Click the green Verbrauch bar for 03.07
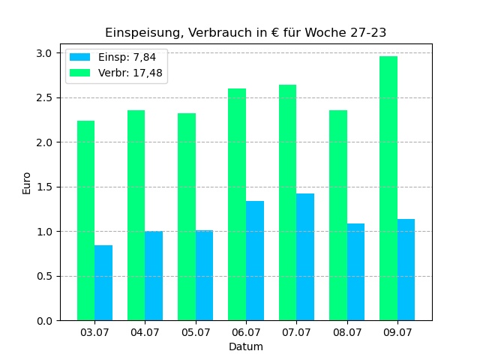(x=85, y=220)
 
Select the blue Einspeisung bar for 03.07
(x=103, y=283)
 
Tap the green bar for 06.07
(x=237, y=205)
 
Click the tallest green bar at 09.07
(x=388, y=188)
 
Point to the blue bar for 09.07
(x=406, y=270)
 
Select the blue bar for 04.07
(x=154, y=276)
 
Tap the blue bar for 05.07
(x=204, y=275)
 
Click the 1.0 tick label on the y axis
(x=43, y=232)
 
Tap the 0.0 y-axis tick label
(x=43, y=321)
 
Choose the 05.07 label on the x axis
(x=195, y=332)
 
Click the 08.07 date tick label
(x=346, y=332)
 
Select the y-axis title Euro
(x=27, y=183)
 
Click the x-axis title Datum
(x=246, y=346)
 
